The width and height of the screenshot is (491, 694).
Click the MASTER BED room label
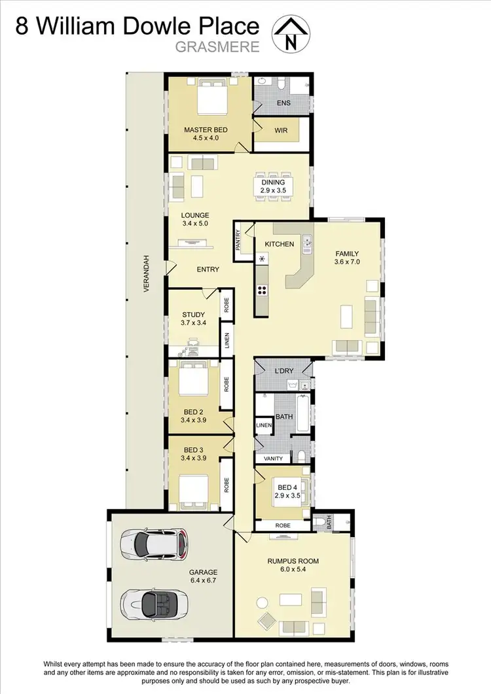[205, 130]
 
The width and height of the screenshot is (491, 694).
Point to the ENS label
[283, 103]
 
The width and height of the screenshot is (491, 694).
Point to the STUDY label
[193, 314]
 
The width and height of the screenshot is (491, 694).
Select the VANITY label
[273, 459]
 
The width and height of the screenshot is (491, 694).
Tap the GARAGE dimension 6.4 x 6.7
[204, 581]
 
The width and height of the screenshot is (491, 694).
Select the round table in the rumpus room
[262, 602]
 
